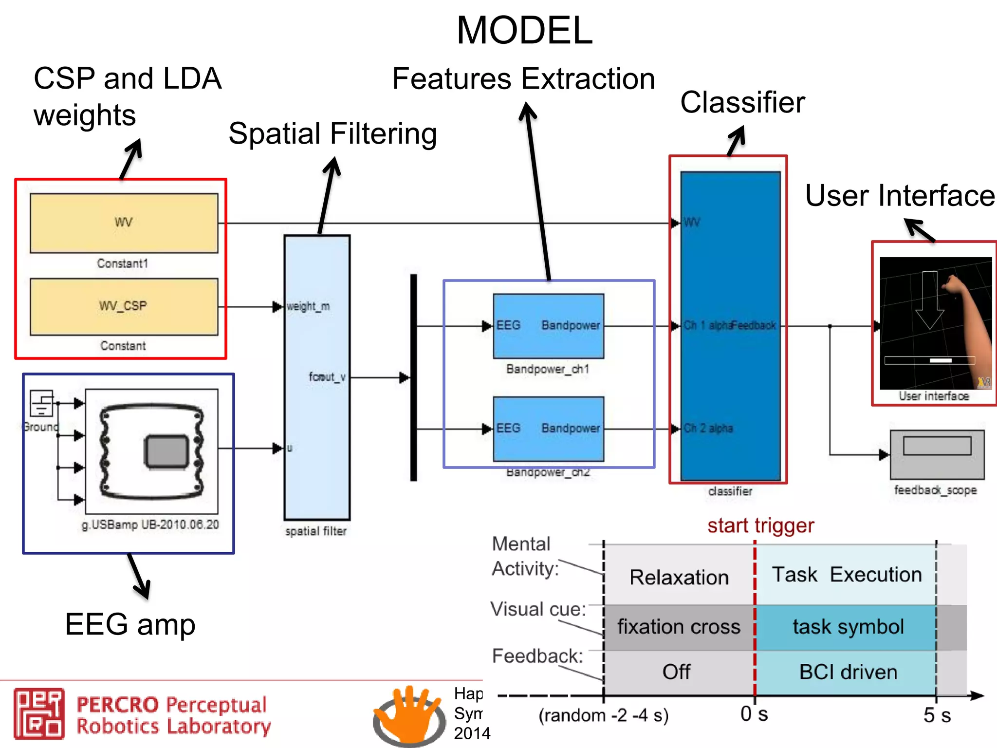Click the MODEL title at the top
tap(524, 31)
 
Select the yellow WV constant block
tap(124, 223)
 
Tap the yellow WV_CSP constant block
tap(124, 306)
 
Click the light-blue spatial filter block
tap(317, 377)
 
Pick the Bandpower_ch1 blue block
tap(548, 326)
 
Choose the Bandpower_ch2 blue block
tap(548, 429)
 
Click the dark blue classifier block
tap(730, 326)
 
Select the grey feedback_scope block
tap(937, 454)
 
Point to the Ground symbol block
tap(42, 403)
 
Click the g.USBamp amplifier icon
tap(151, 451)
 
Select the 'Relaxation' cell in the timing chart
tap(679, 577)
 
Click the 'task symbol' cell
tap(848, 627)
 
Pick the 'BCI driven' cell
tap(848, 672)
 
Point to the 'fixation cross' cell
tap(679, 627)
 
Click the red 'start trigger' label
tap(760, 525)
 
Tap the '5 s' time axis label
tap(937, 715)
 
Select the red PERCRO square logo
tap(39, 713)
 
